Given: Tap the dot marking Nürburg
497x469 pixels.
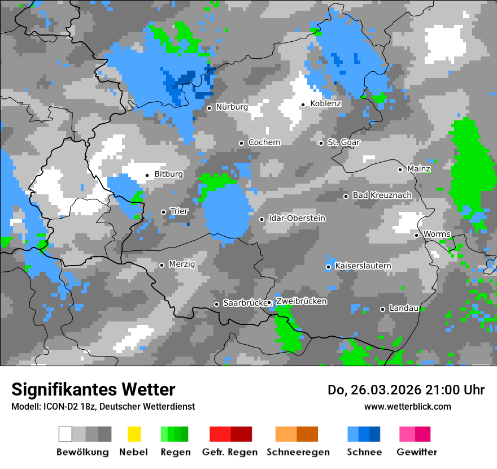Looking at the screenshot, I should (x=209, y=108).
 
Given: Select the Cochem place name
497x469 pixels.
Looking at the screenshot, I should (x=264, y=142).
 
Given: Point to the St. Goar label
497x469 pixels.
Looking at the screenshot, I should (x=343, y=142).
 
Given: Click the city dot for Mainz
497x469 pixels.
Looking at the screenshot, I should (x=400, y=170).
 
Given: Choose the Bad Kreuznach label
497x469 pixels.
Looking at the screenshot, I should (x=382, y=196).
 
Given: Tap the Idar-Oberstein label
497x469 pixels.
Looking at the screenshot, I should (x=297, y=219).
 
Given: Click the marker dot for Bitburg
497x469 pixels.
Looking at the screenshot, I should (x=147, y=175).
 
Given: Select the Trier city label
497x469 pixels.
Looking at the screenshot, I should (x=179, y=211).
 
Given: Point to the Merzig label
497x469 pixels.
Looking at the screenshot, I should (x=182, y=264).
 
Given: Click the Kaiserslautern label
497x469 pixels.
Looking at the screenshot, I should (x=363, y=266).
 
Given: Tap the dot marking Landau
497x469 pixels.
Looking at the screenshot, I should (x=382, y=309).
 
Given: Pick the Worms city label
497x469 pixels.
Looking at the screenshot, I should (x=437, y=234).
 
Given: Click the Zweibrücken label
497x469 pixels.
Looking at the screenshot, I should (x=302, y=302).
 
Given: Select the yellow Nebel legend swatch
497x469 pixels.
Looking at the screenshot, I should (x=134, y=434).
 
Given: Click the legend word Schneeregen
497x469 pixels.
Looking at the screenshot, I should (x=298, y=452).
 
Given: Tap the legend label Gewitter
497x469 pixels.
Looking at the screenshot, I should (x=416, y=452).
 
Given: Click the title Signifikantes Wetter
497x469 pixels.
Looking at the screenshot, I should (x=93, y=390).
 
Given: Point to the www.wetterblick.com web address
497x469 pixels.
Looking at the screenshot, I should (x=407, y=407).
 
